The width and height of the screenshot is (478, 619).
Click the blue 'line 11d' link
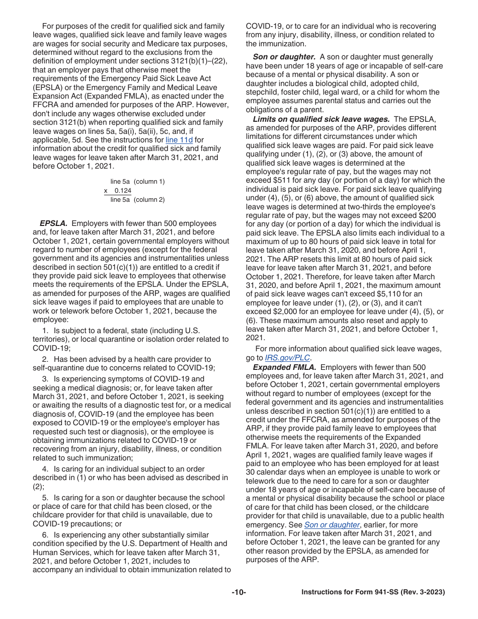point(179,140)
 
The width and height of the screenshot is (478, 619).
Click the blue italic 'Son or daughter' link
point(332,525)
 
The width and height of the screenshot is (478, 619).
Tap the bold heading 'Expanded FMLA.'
point(284,367)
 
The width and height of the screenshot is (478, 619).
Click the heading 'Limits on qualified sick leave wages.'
point(321,119)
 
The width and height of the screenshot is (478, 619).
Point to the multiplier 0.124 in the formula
point(123,191)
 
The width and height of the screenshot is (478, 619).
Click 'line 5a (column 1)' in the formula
point(137,182)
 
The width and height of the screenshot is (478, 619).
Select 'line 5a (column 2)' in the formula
point(137,200)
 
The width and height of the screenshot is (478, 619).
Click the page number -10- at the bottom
point(239,592)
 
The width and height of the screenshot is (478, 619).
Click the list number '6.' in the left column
point(45,535)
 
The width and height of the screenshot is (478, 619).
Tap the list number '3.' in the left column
point(45,379)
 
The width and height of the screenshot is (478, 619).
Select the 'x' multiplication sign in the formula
point(106,191)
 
